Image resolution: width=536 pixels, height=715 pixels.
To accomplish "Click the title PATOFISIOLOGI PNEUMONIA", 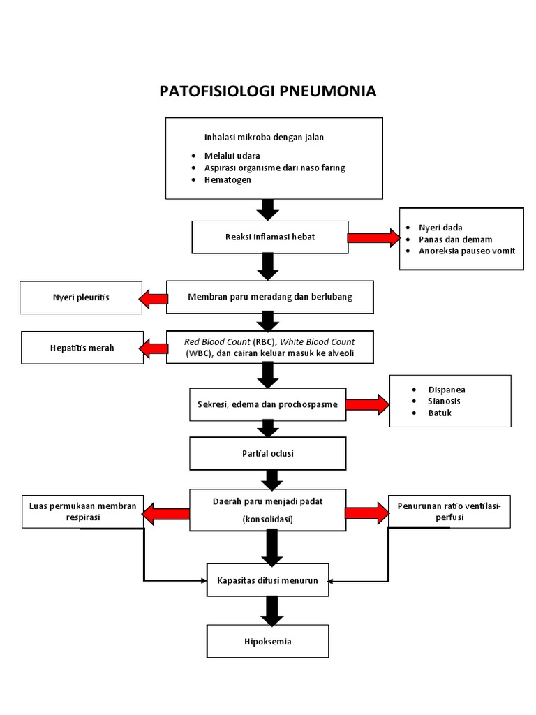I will (x=268, y=91).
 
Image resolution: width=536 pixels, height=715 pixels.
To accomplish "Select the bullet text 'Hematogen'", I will (x=229, y=179).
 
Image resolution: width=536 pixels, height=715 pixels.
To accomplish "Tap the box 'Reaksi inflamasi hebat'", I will (x=269, y=237).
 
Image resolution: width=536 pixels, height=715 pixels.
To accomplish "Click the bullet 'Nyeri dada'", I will (x=440, y=228).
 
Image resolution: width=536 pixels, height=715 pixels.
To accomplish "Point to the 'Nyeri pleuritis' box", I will (x=80, y=298).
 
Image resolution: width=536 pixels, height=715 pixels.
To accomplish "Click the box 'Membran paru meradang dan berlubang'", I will (x=270, y=297).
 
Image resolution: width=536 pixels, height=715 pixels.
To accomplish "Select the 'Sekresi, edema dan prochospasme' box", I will (x=268, y=404).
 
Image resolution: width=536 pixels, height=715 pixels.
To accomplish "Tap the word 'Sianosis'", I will (x=444, y=401).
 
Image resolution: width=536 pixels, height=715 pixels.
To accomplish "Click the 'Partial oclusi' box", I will (x=268, y=453).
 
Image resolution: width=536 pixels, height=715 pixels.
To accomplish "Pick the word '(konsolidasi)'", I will (x=268, y=519).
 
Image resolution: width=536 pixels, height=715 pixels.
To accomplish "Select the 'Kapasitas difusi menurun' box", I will (x=268, y=580).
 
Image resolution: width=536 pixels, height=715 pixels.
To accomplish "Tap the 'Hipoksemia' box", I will (x=268, y=640).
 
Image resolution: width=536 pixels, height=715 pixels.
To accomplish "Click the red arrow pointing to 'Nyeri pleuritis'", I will (x=154, y=299).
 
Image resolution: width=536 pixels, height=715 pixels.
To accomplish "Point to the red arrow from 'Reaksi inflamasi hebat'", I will (x=372, y=238).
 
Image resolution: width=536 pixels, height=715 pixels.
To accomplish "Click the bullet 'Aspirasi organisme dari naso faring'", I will (x=274, y=168).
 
